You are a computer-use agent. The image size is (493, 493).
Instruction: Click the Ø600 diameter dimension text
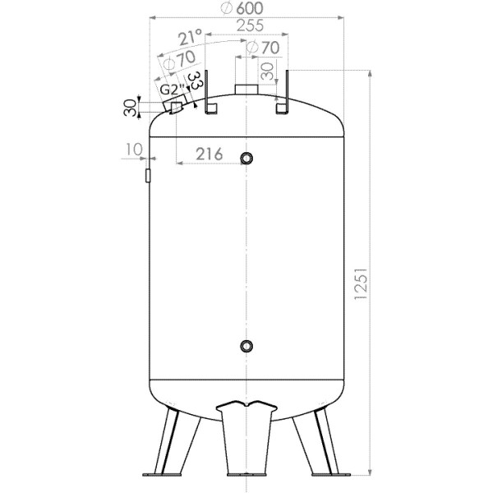point(246,8)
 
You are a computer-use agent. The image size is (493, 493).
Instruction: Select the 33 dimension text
point(195,82)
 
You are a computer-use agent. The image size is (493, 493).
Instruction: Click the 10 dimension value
point(135,148)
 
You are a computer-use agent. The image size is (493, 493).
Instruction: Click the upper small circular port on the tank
point(247,157)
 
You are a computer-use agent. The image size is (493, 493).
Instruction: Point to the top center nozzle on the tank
point(246,90)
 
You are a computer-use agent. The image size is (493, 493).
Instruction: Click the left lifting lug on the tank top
point(209,94)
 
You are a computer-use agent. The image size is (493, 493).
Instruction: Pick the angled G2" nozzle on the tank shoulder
point(176,106)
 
